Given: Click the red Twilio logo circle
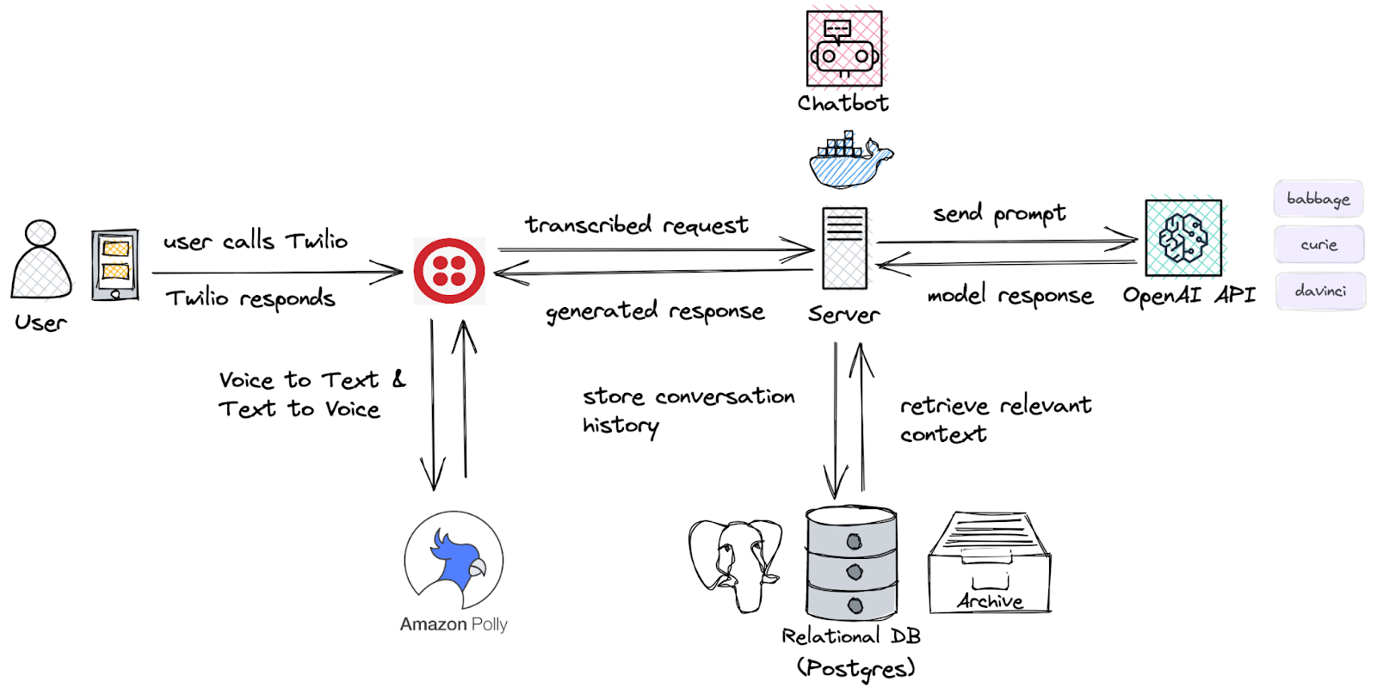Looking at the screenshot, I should click(x=449, y=271).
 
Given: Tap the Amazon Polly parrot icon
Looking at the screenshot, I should click(x=454, y=560).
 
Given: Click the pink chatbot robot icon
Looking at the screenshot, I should click(x=844, y=48).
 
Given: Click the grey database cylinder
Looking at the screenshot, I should click(x=852, y=563).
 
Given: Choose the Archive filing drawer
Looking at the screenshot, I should click(x=990, y=563).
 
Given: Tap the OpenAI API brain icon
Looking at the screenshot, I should click(x=1183, y=238).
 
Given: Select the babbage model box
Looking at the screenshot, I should click(x=1318, y=199).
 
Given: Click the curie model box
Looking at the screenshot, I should click(x=1318, y=245).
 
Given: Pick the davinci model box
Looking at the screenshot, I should click(x=1320, y=292).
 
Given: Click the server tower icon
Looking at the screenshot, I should click(x=844, y=248).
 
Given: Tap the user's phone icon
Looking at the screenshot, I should click(x=115, y=265).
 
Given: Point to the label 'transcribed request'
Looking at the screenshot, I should click(x=637, y=225).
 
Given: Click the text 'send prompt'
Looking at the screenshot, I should click(x=999, y=213).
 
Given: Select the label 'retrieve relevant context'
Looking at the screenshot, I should click(x=995, y=419).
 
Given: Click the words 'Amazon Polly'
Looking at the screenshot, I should click(x=454, y=624).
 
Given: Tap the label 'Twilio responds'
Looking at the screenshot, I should click(x=250, y=298).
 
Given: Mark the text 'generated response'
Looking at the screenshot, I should click(x=655, y=311).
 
